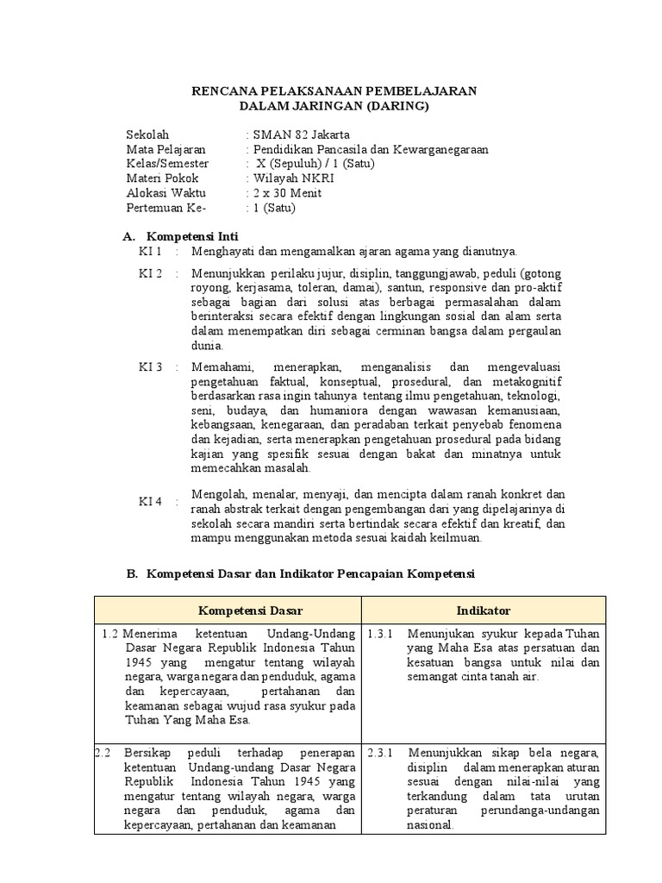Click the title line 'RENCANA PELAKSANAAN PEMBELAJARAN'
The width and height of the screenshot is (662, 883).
[x=334, y=91]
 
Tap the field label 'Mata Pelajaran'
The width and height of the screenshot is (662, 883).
[x=165, y=149]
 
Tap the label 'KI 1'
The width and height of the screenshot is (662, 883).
[x=151, y=251]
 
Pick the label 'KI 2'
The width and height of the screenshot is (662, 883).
[x=151, y=273]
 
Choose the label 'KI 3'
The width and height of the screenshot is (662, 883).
[x=151, y=367]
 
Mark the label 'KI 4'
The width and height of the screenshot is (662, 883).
[x=151, y=501]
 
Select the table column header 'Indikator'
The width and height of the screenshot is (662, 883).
[x=483, y=611]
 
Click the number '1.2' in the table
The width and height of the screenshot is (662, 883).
[x=110, y=634]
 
